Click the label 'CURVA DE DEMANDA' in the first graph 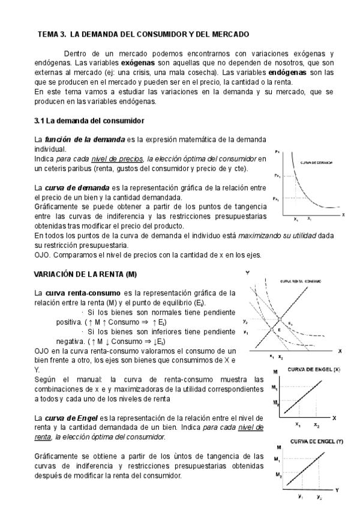[x=316, y=162]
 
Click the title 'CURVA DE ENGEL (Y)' [x=316, y=441]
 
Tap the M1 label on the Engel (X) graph [x=276, y=389]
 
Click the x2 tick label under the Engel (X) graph [x=316, y=424]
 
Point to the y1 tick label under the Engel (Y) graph [x=300, y=497]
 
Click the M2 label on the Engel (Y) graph [x=278, y=475]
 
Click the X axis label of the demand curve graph [x=343, y=214]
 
